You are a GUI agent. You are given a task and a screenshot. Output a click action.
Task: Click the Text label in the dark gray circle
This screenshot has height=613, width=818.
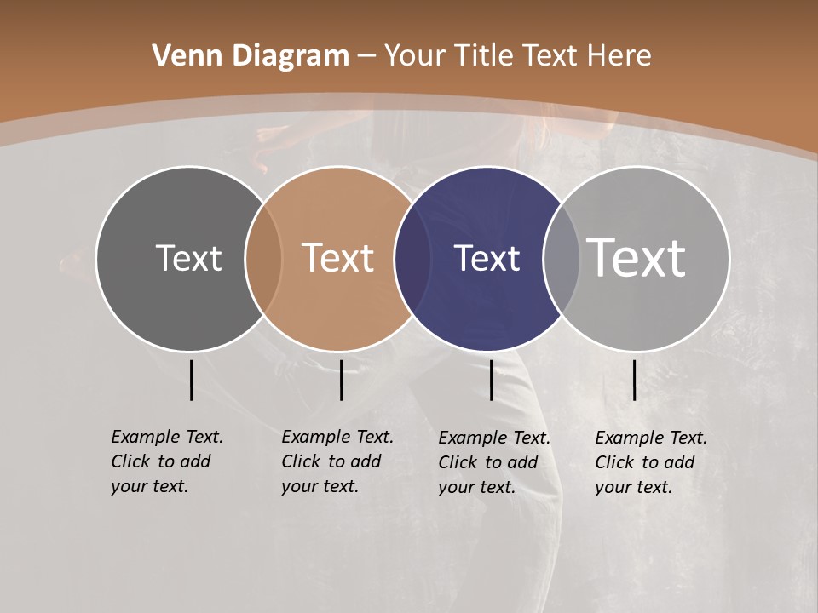(188, 258)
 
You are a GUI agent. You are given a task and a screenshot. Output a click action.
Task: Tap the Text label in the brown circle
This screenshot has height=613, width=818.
(337, 258)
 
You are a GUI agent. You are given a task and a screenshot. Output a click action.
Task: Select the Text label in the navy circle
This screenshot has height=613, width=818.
(487, 258)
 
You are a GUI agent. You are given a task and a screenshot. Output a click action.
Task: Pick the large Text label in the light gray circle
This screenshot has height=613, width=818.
(637, 258)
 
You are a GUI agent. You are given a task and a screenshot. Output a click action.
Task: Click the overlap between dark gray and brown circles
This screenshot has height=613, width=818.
(263, 258)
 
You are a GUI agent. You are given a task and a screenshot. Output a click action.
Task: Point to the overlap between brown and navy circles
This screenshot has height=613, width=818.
(412, 258)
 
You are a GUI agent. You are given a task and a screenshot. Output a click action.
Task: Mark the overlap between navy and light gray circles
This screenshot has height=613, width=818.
(562, 258)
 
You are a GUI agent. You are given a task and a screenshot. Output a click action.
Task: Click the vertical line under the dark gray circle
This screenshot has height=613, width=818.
(191, 380)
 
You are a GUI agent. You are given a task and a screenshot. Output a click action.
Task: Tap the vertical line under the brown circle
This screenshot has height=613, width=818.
(341, 380)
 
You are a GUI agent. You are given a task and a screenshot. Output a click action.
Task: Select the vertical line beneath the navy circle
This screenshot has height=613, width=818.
(491, 380)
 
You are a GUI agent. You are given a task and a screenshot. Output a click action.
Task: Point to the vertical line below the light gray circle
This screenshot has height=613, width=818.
(634, 380)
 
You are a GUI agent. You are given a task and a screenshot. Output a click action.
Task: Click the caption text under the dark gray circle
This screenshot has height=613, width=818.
(167, 461)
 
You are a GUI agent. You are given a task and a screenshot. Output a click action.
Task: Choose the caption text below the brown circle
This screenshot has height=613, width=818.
(337, 461)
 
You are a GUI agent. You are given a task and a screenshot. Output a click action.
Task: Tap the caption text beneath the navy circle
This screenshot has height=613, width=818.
(494, 462)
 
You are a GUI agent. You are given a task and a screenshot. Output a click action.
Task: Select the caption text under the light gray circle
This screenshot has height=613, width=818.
(651, 462)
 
